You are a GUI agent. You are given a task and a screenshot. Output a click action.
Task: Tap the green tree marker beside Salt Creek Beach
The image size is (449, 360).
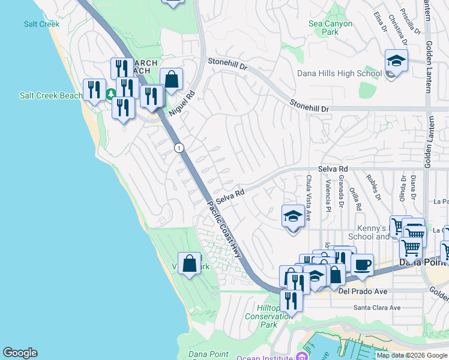111,94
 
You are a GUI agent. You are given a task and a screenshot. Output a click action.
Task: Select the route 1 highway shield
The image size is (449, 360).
178,148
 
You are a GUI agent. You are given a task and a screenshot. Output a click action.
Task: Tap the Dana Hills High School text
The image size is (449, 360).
339,74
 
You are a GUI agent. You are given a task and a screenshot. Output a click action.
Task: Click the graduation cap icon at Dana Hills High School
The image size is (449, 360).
396,61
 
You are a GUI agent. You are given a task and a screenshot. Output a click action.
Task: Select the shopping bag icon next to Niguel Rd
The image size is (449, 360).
171,79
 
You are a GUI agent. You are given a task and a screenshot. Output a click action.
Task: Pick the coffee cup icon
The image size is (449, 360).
361,265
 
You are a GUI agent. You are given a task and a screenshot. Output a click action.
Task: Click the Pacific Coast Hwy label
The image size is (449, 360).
224,229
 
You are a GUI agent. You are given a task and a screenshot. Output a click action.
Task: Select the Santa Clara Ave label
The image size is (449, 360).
376,308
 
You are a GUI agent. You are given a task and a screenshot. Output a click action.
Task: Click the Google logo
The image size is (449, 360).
20,353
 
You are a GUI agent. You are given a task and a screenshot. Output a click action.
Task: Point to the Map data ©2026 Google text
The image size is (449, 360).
411,355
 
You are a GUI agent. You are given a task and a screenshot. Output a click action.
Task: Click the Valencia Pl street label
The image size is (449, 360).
328,197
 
